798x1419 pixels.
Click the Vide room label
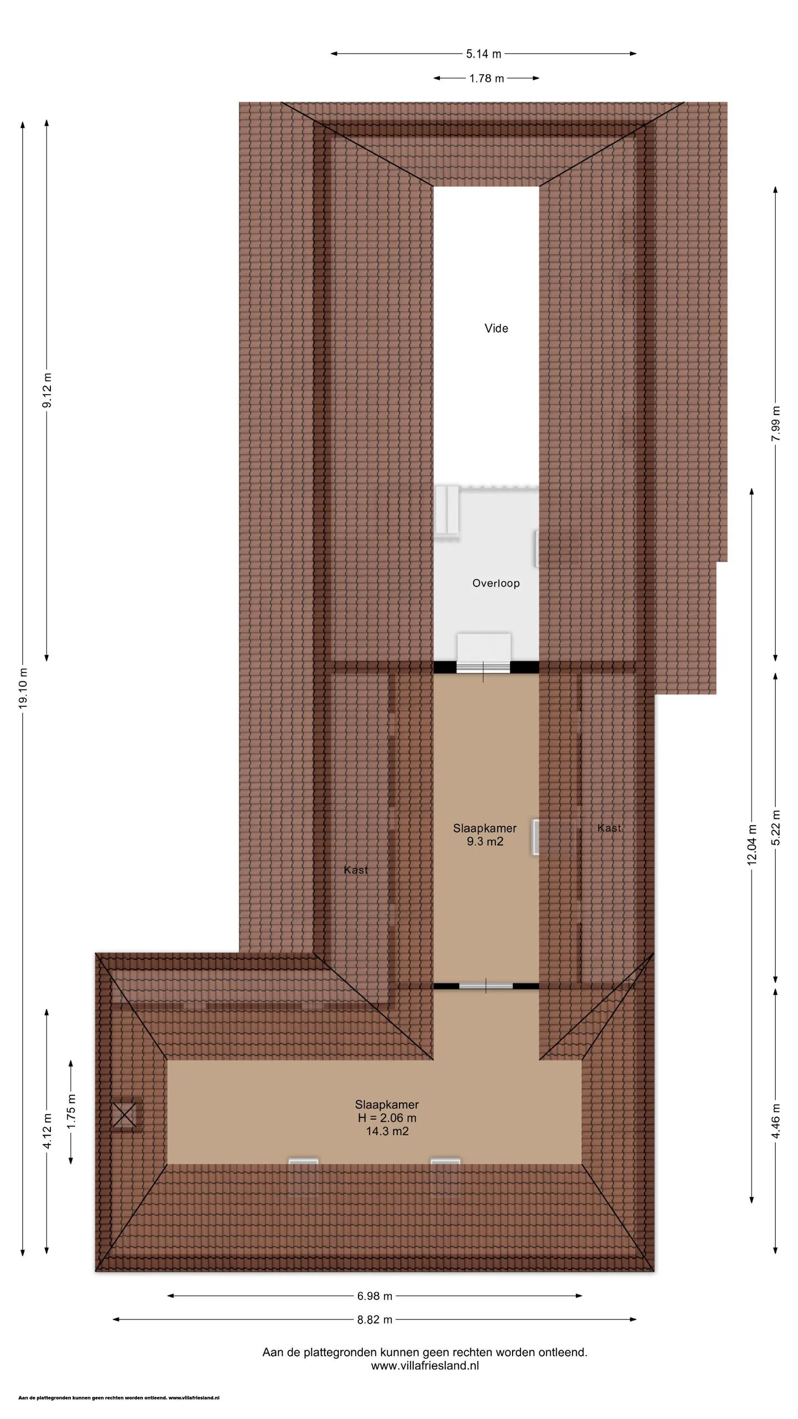(x=496, y=328)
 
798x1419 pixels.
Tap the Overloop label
(x=496, y=583)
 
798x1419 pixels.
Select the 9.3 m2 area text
(x=485, y=841)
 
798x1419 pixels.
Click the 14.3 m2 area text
(x=387, y=1131)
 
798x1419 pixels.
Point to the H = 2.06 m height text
(x=387, y=1118)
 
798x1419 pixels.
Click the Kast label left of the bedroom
(x=356, y=870)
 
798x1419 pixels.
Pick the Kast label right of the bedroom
(x=609, y=828)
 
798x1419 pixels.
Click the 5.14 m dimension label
(x=484, y=54)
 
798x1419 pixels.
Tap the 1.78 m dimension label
(x=487, y=78)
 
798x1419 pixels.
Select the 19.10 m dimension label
(x=23, y=688)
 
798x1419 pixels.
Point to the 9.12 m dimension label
(x=47, y=390)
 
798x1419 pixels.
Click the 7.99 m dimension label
(x=776, y=424)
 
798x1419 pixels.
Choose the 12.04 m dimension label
(x=752, y=845)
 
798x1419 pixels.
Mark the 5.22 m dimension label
(x=776, y=828)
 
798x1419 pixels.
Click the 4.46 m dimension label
(x=776, y=1121)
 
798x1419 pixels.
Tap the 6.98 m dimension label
(x=375, y=1296)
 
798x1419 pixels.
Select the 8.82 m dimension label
(x=375, y=1320)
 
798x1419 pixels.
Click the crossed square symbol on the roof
(x=124, y=1115)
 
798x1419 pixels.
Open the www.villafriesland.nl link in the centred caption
(x=425, y=1366)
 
